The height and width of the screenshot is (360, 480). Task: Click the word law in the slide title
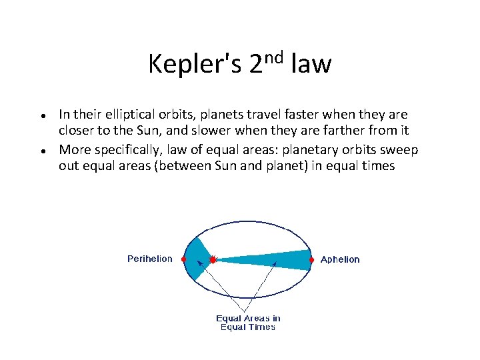311,65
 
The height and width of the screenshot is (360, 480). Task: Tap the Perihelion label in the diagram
149,259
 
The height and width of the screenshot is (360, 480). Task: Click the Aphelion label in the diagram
340,259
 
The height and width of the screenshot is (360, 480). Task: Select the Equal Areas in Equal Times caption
248,323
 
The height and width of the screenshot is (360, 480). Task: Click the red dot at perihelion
183,259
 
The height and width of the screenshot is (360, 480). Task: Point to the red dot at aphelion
311,259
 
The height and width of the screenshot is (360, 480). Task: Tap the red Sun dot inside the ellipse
212,259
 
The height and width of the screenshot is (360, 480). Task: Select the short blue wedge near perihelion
196,258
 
